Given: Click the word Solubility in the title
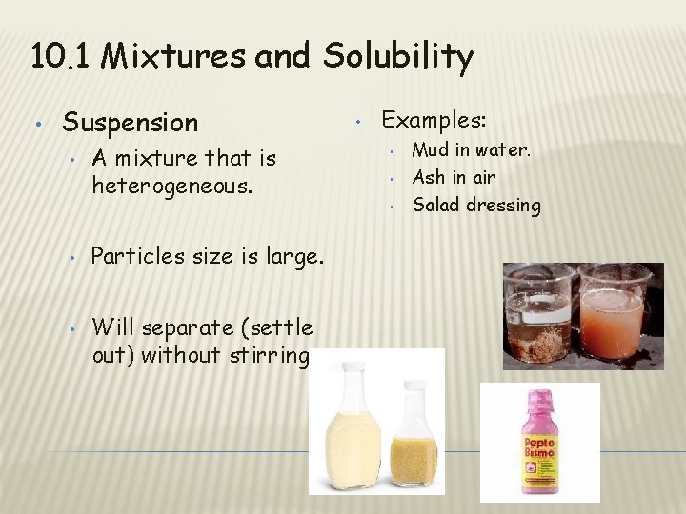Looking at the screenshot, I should click(x=397, y=58).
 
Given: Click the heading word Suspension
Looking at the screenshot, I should click(x=130, y=123).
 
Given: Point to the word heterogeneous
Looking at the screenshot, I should click(x=171, y=185).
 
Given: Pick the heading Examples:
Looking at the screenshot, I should click(x=434, y=120).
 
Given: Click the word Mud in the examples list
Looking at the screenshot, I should click(x=430, y=149).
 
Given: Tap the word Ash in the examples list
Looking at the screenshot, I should click(x=428, y=177).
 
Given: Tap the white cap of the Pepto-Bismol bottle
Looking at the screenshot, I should click(x=538, y=397).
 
